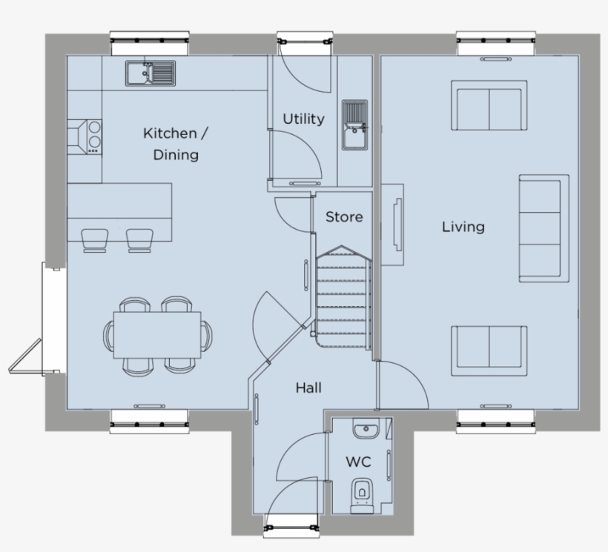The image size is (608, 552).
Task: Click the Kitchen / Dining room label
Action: pyautogui.click(x=176, y=144)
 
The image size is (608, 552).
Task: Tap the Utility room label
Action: pyautogui.click(x=303, y=119)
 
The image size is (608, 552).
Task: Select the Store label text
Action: pyautogui.click(x=345, y=216)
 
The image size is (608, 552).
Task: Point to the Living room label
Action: pyautogui.click(x=463, y=226)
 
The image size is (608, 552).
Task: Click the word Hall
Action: pyautogui.click(x=308, y=387)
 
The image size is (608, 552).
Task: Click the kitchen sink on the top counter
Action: pyautogui.click(x=150, y=73)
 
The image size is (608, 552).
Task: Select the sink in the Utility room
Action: pyautogui.click(x=355, y=124)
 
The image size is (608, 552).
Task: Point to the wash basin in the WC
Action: pyautogui.click(x=365, y=430)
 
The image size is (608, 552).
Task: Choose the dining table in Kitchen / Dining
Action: pyautogui.click(x=157, y=334)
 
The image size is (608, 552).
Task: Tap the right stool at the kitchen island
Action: pyautogui.click(x=139, y=240)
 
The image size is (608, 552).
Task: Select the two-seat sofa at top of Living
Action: pyautogui.click(x=489, y=108)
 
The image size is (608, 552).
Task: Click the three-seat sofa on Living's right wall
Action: pyautogui.click(x=543, y=228)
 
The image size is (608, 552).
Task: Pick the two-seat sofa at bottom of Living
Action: pyautogui.click(x=489, y=346)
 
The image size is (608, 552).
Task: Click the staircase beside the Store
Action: pyautogui.click(x=342, y=296)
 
